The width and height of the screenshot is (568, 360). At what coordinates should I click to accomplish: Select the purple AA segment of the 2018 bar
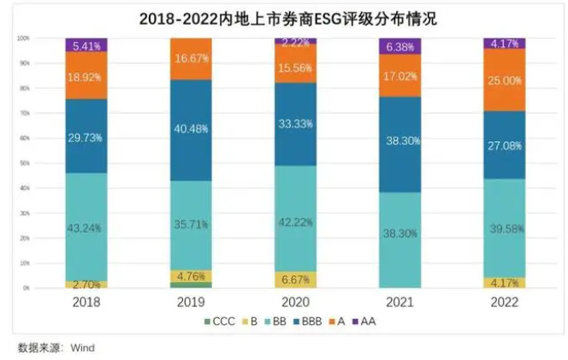[x=88, y=45]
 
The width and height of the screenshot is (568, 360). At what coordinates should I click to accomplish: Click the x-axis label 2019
[x=192, y=302]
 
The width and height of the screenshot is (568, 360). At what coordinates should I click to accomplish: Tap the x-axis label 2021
[x=400, y=302]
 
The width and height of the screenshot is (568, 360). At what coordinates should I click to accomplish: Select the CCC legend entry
[x=224, y=322]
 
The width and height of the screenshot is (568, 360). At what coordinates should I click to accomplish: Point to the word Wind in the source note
[x=83, y=347]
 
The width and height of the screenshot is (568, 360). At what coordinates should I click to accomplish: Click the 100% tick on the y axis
[x=24, y=39]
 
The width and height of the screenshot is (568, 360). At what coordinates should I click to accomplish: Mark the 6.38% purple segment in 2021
[x=400, y=46]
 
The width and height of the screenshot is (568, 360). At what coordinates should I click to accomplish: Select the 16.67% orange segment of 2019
[x=192, y=59]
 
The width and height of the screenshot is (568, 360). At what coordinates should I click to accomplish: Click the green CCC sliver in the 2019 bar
[x=192, y=286]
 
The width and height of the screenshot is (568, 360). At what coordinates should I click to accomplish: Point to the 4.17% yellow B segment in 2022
[x=504, y=282]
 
